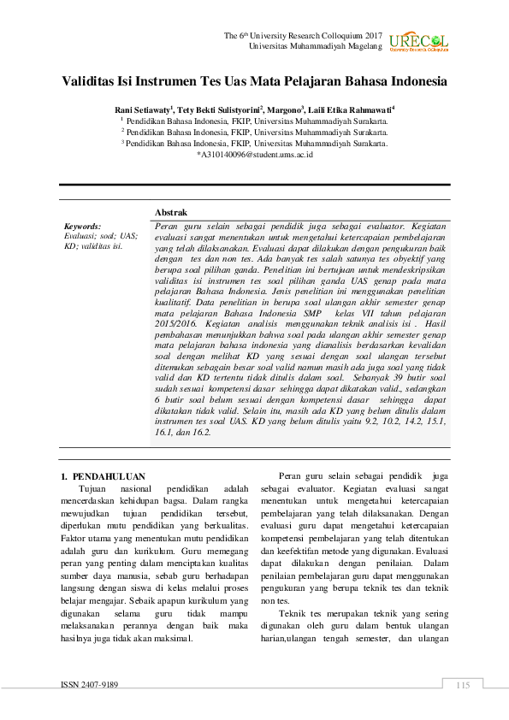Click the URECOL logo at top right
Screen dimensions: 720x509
click(418, 42)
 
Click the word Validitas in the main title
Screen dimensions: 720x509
click(92, 83)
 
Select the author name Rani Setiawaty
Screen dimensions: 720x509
click(143, 110)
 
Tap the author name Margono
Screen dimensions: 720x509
click(284, 110)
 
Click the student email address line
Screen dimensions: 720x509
click(254, 155)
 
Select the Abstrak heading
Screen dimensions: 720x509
click(171, 212)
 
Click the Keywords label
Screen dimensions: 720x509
click(82, 227)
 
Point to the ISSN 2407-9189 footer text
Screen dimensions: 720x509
click(89, 685)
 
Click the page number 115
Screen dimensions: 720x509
click(464, 685)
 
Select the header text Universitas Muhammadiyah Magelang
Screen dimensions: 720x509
click(315, 45)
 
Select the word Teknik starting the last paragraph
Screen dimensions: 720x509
click(293, 613)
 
